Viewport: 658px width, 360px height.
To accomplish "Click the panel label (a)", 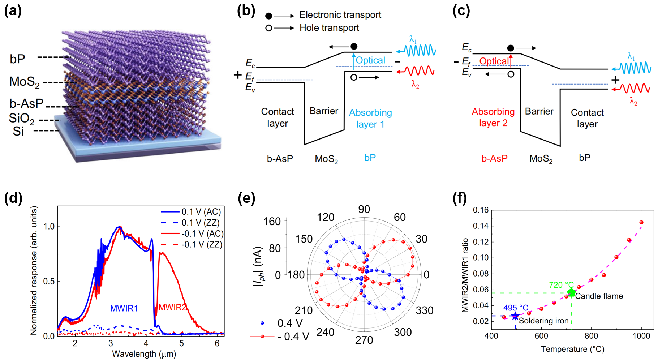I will click(13, 11).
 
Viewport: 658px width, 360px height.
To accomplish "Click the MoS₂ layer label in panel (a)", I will click(24, 82).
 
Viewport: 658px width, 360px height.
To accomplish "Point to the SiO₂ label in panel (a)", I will click(21, 119).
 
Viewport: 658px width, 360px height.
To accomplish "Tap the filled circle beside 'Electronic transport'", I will click(268, 16).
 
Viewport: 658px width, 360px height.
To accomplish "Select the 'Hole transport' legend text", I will click(329, 28).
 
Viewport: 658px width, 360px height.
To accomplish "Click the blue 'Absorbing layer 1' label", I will click(370, 119).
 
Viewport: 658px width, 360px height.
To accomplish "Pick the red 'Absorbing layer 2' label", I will click(493, 117).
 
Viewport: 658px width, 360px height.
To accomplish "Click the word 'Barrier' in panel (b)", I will click(324, 111).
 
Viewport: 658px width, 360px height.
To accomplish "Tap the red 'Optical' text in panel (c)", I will click(494, 61).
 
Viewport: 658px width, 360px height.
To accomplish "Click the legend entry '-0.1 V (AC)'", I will click(202, 234).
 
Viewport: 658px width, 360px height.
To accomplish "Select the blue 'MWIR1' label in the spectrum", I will click(124, 308).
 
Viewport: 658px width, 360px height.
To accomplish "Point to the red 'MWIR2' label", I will click(172, 308).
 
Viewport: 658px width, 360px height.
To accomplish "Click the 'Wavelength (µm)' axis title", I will click(144, 353).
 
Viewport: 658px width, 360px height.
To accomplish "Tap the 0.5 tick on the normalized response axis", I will click(49, 281).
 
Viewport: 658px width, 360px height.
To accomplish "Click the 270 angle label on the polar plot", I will click(364, 340).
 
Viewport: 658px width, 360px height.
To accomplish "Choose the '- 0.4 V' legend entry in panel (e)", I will click(293, 337).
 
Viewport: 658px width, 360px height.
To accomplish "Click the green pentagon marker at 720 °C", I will click(571, 292).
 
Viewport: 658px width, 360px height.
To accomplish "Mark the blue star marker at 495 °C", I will click(515, 316).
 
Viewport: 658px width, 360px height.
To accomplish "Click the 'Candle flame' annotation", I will click(599, 296).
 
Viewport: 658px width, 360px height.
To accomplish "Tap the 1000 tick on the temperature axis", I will click(641, 336).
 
